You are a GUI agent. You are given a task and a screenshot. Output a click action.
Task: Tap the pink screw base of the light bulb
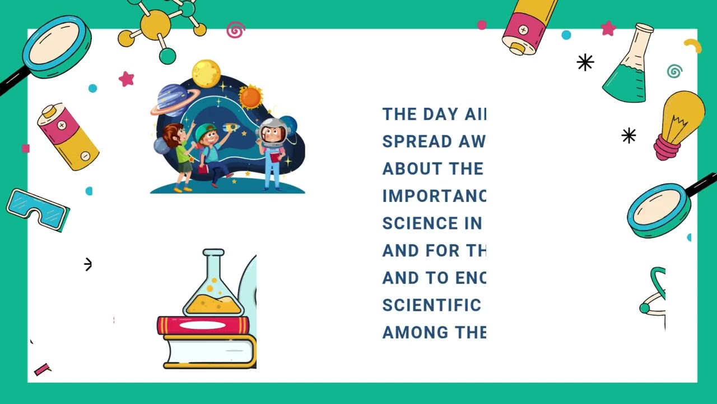click(x=667, y=148)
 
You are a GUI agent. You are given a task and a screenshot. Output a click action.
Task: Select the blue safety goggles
click(x=38, y=209)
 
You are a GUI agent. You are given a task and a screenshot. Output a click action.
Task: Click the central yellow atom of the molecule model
click(x=155, y=25)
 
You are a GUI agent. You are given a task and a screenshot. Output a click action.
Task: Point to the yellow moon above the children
click(x=206, y=74)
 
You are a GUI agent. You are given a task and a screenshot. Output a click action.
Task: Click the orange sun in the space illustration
click(x=250, y=97)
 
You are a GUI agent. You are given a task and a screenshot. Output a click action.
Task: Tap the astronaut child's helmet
click(x=273, y=132)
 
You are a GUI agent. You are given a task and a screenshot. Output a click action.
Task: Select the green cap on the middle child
click(x=206, y=132)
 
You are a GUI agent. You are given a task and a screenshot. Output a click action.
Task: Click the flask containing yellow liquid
click(x=213, y=286)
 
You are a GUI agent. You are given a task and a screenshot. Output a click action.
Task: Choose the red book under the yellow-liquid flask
click(x=203, y=325)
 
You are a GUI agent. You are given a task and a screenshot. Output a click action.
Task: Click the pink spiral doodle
click(x=236, y=30)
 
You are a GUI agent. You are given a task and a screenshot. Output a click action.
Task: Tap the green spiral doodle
click(x=674, y=71)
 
